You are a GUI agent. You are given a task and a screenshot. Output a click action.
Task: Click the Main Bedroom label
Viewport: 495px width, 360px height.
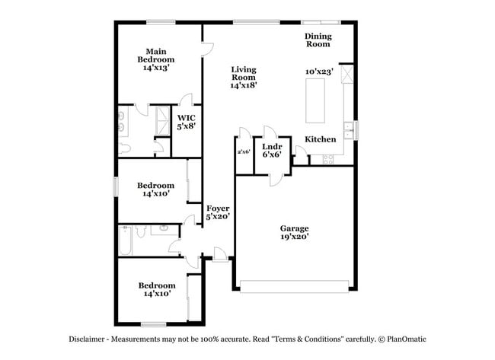coord(155,55)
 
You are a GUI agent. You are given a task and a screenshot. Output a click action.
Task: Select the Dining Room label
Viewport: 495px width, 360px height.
coord(318,40)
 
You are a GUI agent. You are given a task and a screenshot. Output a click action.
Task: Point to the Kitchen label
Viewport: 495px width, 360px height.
coord(321,139)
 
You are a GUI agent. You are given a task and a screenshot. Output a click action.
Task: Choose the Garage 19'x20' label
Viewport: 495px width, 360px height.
coord(294,232)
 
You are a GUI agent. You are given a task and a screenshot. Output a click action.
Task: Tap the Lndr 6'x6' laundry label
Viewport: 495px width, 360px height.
coord(273,150)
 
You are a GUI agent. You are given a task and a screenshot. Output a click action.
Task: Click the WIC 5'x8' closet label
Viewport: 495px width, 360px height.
coord(187,122)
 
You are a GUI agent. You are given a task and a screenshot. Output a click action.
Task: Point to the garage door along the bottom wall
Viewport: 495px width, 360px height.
coord(294,286)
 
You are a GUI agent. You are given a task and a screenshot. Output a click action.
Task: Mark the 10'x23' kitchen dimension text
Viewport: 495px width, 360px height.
coord(318,71)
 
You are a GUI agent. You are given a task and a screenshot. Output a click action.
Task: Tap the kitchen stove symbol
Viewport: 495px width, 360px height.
coord(329,159)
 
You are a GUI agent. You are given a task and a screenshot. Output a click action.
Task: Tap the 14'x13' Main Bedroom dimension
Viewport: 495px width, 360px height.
coord(155,68)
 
